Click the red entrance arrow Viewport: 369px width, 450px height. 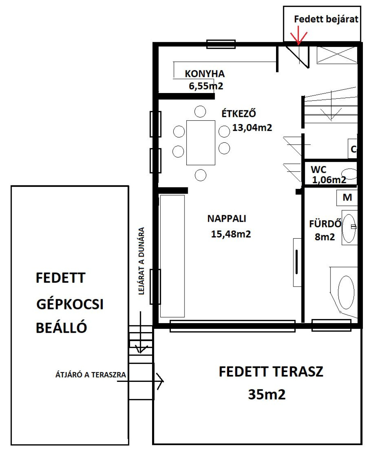tap(298, 35)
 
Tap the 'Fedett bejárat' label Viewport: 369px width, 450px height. tap(326, 19)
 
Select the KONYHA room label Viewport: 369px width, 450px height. tap(205, 74)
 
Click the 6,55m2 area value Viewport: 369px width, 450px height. tap(206, 86)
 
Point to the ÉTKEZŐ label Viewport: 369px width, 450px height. tap(239, 113)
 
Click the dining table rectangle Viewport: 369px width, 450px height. tap(201, 143)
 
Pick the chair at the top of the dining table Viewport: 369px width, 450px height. tap(200, 111)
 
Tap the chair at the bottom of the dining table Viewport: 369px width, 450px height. tap(200, 175)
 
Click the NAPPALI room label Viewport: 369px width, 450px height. tap(227, 219)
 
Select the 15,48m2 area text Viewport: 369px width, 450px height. tap(231, 234)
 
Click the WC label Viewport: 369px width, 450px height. tap(319, 169)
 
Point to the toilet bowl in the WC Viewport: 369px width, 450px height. tap(350, 174)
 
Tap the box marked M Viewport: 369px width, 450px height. tap(347, 198)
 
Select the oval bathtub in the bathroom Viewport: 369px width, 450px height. tap(346, 292)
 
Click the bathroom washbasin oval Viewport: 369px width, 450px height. tap(349, 228)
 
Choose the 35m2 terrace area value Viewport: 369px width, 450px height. tap(267, 394)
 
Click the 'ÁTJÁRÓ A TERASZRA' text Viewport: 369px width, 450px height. tap(91, 375)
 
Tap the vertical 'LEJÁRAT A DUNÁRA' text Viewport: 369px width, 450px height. tap(141, 261)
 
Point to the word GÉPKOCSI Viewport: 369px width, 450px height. tap(70, 304)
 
